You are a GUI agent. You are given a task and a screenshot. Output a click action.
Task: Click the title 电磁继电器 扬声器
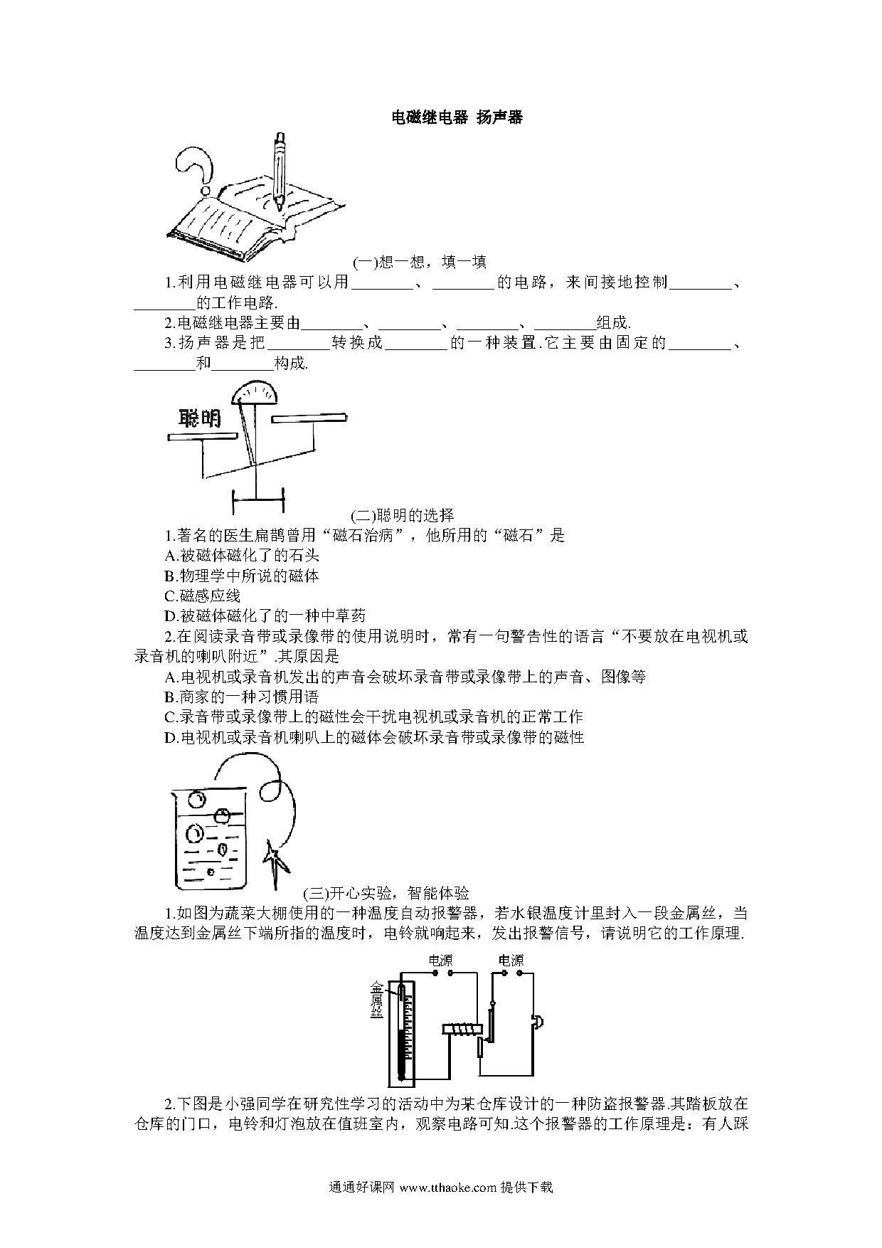click(457, 117)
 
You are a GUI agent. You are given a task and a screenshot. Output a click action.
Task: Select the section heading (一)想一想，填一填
click(420, 262)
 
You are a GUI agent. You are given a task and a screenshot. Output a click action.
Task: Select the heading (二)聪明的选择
click(403, 515)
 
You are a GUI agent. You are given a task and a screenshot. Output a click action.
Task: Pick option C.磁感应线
click(202, 596)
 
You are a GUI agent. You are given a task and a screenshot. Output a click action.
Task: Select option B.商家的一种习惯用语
click(241, 697)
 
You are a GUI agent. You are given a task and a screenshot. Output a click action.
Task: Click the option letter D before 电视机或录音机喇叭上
click(169, 737)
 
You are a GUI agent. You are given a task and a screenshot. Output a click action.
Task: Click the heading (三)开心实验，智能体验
click(386, 893)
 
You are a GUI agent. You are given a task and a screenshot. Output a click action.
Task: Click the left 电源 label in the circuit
click(440, 961)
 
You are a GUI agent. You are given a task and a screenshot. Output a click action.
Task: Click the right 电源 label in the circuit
click(511, 961)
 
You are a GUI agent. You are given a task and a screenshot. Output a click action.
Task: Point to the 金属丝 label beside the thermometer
click(376, 1000)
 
